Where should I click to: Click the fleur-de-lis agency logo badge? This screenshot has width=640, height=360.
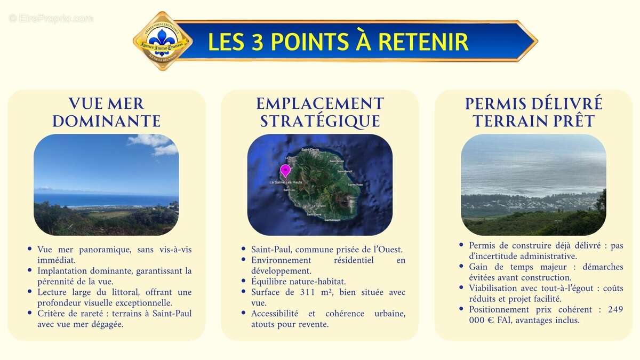[x=162, y=41]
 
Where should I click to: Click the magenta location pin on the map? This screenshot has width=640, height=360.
[x=285, y=171]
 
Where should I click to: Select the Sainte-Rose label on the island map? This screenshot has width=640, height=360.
[x=355, y=185]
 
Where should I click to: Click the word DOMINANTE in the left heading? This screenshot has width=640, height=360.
[x=106, y=121]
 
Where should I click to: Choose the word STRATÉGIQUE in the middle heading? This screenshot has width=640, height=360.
[x=320, y=121]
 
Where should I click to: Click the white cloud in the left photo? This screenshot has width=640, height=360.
[x=155, y=143]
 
